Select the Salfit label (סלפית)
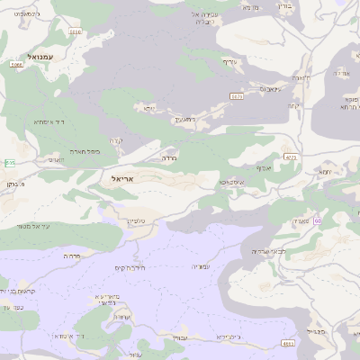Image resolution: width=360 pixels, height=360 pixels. click(x=137, y=220)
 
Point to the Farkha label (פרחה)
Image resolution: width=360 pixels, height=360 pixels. click(x=73, y=256)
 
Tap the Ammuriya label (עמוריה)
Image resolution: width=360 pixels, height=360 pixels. click(x=201, y=265)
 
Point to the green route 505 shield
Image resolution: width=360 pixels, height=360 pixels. click(x=9, y=162)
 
